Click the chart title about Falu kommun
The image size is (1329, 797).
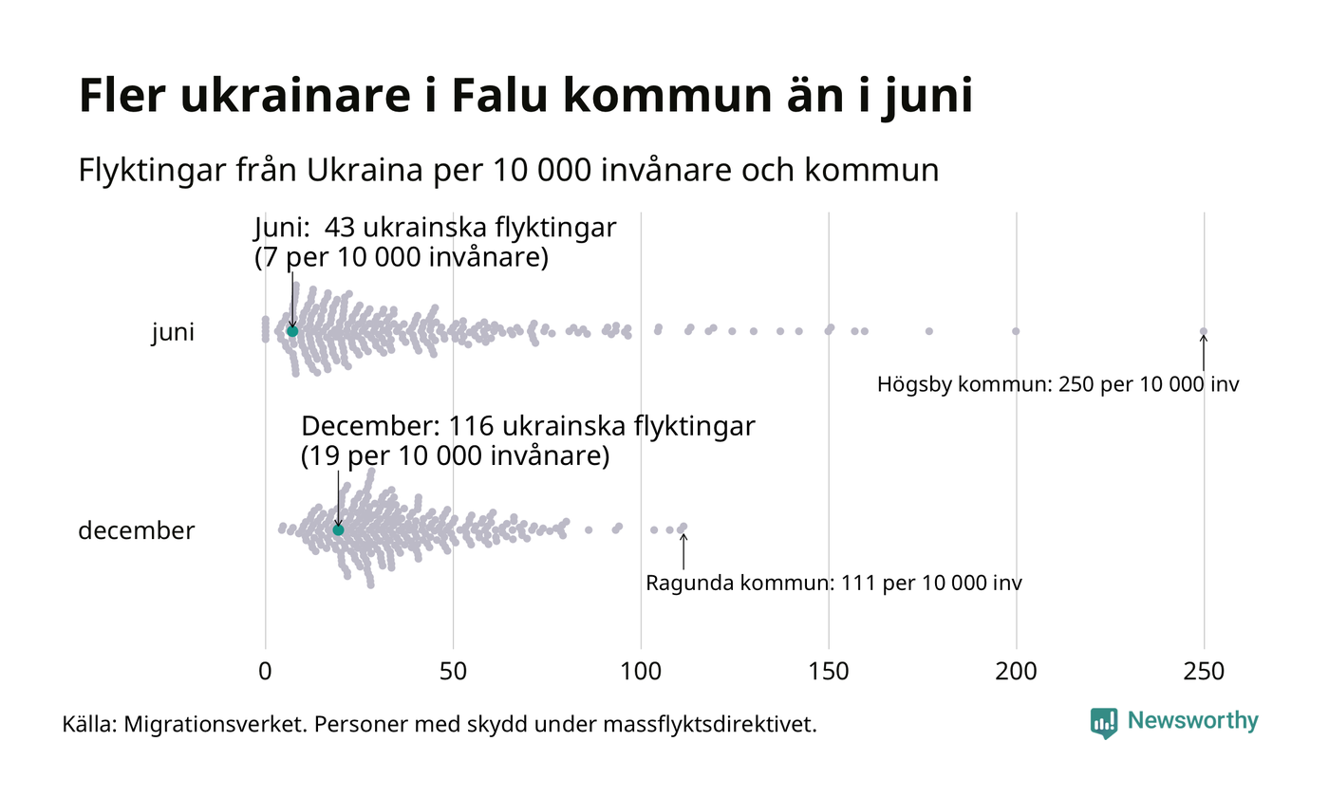(x=525, y=98)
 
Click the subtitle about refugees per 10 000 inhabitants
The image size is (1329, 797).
(x=509, y=171)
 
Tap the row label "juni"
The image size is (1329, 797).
(x=173, y=333)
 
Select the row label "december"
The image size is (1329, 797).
(x=136, y=531)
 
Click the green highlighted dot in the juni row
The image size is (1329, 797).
(x=292, y=331)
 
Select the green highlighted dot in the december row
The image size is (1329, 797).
(x=338, y=529)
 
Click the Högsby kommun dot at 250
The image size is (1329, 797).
(x=1204, y=331)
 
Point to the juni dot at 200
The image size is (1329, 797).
(x=1016, y=331)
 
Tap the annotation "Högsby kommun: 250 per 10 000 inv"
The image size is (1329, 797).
(x=1058, y=385)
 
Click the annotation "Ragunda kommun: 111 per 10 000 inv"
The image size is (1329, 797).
(x=833, y=583)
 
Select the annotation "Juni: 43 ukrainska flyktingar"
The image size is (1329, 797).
(x=436, y=230)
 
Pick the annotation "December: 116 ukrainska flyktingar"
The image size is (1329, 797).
(x=528, y=427)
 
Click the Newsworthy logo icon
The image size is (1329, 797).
(x=1103, y=722)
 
